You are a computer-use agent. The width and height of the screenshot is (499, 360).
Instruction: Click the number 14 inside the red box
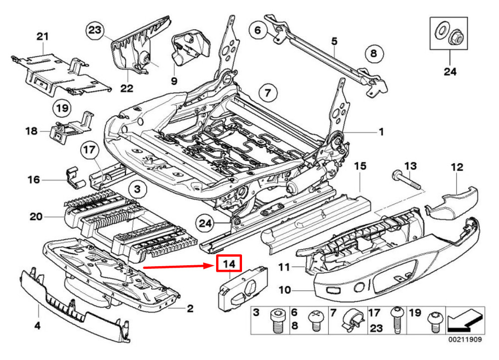(229, 264)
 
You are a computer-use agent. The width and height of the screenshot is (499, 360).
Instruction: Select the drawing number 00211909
(465, 340)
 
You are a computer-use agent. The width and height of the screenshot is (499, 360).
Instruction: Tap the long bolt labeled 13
(406, 180)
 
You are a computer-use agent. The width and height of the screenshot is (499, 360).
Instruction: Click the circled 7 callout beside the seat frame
(267, 93)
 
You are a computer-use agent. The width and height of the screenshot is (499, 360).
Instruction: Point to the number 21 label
(42, 36)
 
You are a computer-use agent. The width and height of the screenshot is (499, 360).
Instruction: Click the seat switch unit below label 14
(243, 288)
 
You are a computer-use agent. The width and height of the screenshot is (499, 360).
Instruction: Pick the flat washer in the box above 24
(442, 30)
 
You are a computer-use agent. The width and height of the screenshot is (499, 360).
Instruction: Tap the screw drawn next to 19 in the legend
(434, 322)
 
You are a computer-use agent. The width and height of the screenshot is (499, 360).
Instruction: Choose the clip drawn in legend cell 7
(352, 320)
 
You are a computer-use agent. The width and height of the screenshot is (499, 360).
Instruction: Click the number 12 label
(457, 167)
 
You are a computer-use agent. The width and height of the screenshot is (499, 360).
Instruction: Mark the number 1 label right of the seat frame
(381, 132)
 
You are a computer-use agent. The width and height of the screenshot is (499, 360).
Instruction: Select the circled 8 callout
(374, 53)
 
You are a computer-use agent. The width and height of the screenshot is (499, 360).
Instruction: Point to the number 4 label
(37, 326)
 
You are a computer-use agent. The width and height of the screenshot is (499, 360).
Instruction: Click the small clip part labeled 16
(75, 179)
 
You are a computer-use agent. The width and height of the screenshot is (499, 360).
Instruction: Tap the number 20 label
(36, 217)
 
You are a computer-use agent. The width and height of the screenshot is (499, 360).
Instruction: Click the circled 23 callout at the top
(95, 30)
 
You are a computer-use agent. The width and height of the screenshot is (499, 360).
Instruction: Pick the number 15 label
(360, 166)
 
